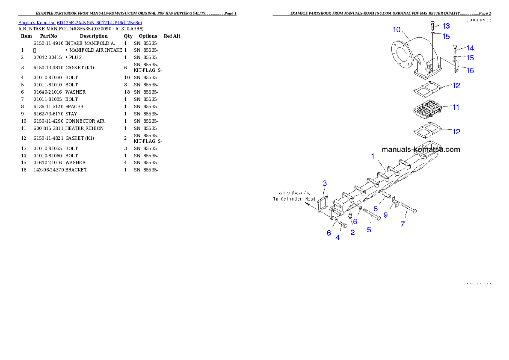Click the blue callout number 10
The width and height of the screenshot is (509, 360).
(397, 30)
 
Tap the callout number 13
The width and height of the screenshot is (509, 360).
(446, 26)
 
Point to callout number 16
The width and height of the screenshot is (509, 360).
(470, 71)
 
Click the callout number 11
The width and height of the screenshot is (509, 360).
(456, 107)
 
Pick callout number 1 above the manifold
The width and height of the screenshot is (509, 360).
(373, 156)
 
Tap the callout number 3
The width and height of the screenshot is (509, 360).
(325, 183)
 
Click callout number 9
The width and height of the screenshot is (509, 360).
(385, 215)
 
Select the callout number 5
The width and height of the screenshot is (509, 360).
(369, 230)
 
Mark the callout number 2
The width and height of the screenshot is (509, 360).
(352, 233)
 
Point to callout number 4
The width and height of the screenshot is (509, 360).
(337, 238)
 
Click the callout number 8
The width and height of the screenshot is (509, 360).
(376, 209)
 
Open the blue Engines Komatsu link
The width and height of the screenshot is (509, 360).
(80, 23)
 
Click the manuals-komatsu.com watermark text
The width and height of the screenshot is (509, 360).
(420, 150)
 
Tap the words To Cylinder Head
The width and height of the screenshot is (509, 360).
(294, 199)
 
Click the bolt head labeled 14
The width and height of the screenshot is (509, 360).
(455, 48)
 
